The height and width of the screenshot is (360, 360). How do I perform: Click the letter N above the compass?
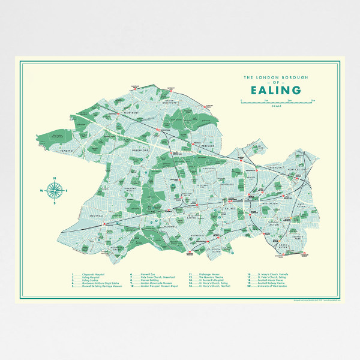coord(55,178)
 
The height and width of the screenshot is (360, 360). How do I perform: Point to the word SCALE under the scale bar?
coord(276,106)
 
